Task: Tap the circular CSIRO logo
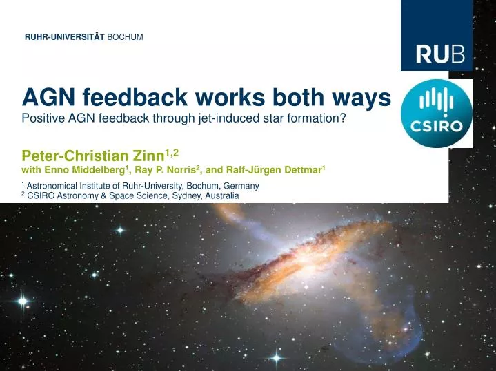(x=436, y=112)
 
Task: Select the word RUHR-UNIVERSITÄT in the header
(x=64, y=36)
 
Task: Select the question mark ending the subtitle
(x=342, y=118)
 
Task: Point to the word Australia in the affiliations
(x=219, y=196)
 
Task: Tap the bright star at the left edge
(x=23, y=301)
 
